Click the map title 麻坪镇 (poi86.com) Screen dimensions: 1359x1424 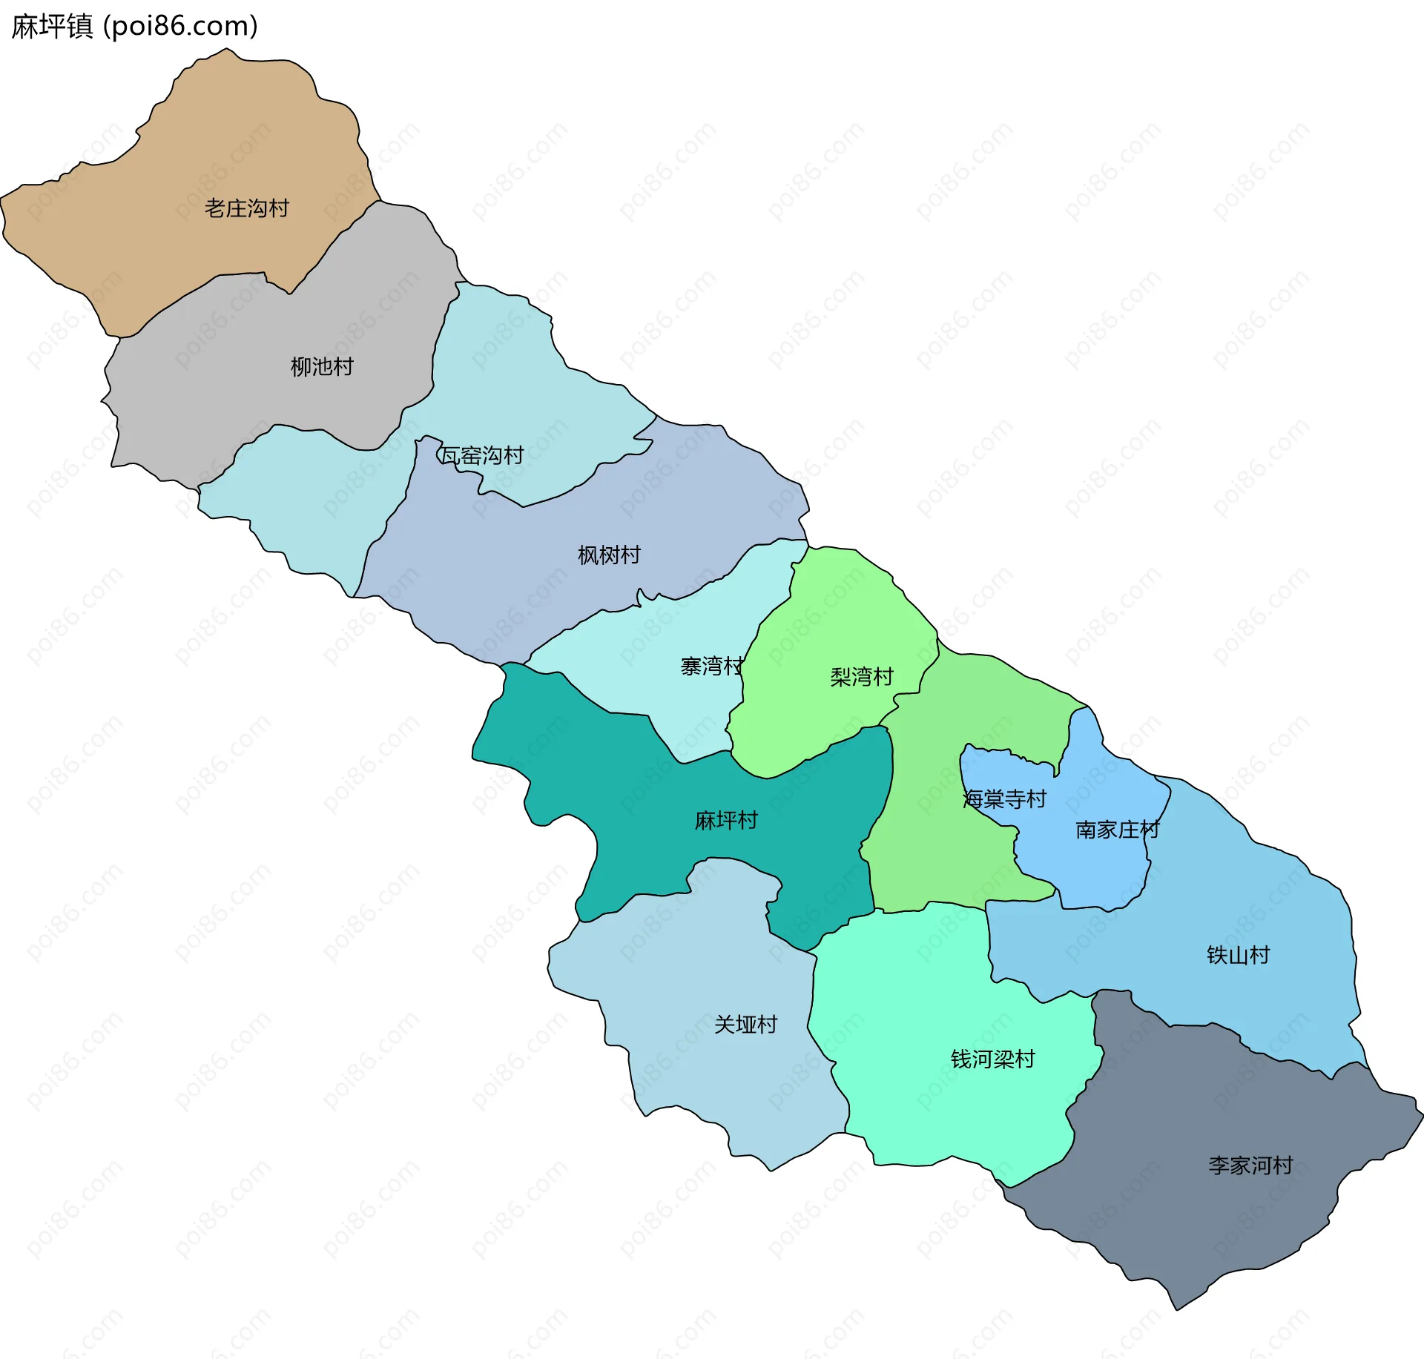pyautogui.click(x=134, y=27)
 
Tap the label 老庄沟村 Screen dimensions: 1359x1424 pyautogui.click(x=246, y=208)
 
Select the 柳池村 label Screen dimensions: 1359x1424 pyautogui.click(x=322, y=366)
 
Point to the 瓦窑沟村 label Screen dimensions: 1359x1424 pyautogui.click(x=482, y=455)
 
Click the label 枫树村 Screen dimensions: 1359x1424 pyautogui.click(x=609, y=555)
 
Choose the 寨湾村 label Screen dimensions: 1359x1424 pyautogui.click(x=711, y=666)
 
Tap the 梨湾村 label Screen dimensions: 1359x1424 pyautogui.click(x=861, y=676)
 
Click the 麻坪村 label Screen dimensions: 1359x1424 pyautogui.click(x=725, y=820)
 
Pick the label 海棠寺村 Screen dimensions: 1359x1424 pyautogui.click(x=1004, y=798)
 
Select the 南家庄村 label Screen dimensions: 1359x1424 pyautogui.click(x=1117, y=829)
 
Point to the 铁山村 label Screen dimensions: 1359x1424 pyautogui.click(x=1238, y=954)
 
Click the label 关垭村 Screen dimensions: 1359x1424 pyautogui.click(x=745, y=1024)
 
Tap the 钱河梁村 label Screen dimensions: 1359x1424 pyautogui.click(x=992, y=1059)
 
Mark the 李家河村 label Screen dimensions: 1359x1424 pyautogui.click(x=1250, y=1165)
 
